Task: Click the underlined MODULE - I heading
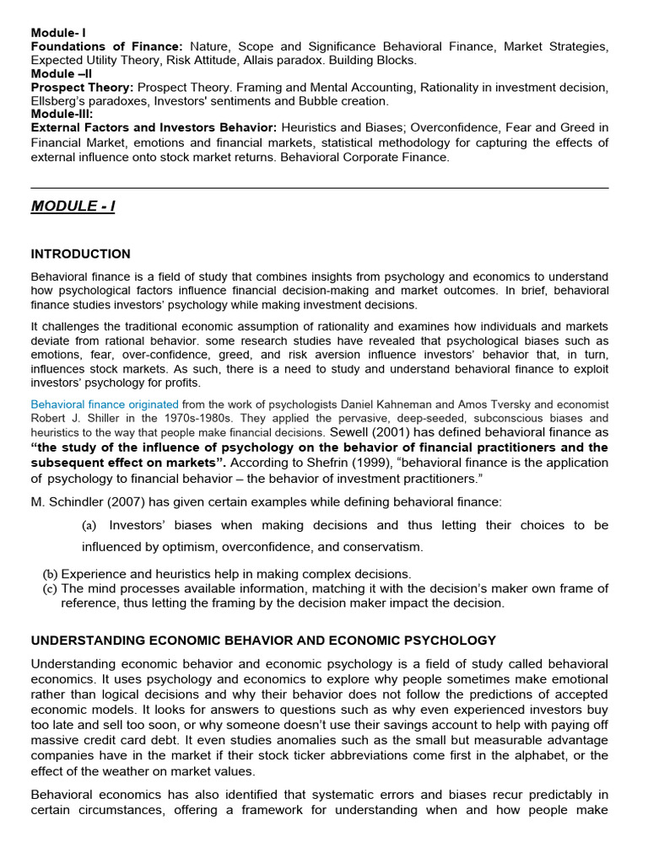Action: point(73,206)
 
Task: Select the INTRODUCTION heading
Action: point(80,254)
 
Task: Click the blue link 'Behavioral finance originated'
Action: point(105,405)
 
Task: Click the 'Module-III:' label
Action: point(62,114)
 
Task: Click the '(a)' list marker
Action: point(89,525)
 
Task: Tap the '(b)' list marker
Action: point(50,574)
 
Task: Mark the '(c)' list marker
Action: point(50,588)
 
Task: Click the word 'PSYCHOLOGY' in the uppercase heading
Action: point(455,641)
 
